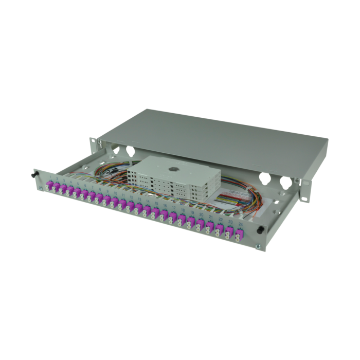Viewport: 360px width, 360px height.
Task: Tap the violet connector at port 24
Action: (x=238, y=236)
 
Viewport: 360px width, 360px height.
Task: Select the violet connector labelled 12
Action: (x=131, y=206)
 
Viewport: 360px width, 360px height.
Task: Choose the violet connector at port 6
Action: (x=84, y=193)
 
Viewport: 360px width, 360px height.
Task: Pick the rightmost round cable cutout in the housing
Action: (x=284, y=182)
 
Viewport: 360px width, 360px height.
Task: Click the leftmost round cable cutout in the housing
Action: (x=115, y=151)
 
